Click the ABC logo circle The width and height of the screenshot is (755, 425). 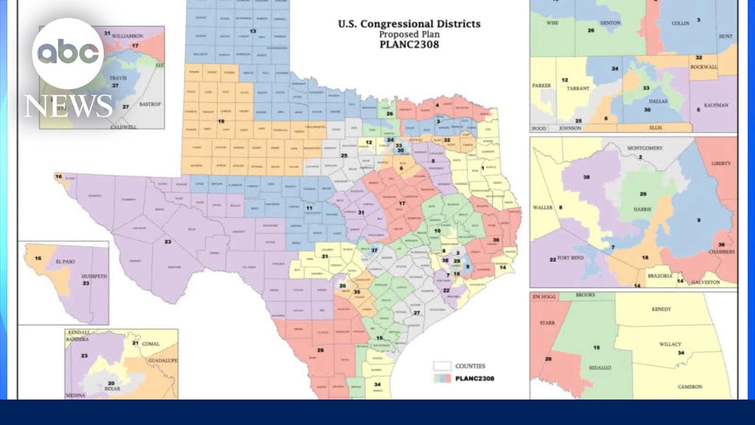click(x=68, y=54)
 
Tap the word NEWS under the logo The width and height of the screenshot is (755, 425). click(x=68, y=106)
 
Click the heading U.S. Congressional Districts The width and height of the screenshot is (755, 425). click(x=409, y=24)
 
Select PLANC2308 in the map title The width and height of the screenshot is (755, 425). click(x=409, y=44)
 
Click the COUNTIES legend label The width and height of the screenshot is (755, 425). click(x=470, y=366)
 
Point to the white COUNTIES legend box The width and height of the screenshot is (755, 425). click(x=442, y=366)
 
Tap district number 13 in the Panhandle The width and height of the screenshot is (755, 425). click(x=253, y=31)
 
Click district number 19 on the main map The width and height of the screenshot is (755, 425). click(x=221, y=121)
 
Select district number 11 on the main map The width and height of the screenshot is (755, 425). click(x=309, y=208)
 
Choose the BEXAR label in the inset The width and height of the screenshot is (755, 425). click(x=112, y=390)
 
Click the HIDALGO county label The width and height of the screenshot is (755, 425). click(x=599, y=367)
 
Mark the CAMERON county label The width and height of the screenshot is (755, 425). click(x=689, y=387)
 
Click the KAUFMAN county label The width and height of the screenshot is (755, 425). click(x=715, y=105)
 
